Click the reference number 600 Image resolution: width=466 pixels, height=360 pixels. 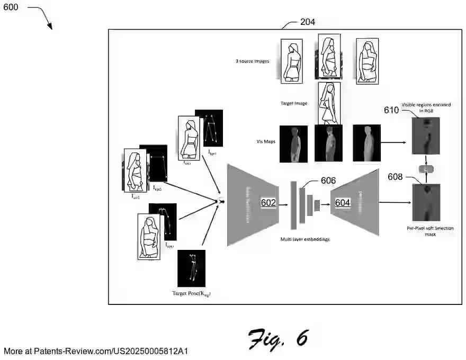(x=11, y=7)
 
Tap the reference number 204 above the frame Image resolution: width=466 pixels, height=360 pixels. (x=308, y=22)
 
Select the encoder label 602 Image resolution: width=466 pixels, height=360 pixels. (x=268, y=202)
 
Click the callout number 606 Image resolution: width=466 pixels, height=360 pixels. (x=328, y=181)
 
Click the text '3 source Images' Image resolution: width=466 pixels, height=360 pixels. (x=252, y=61)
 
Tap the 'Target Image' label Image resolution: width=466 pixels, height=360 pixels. (x=294, y=104)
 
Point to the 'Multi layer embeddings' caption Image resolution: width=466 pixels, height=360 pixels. (x=305, y=239)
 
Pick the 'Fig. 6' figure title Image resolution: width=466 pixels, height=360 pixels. (x=278, y=338)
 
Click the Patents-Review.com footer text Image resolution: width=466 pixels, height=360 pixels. (x=96, y=351)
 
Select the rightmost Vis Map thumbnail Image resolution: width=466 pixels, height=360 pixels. (x=366, y=143)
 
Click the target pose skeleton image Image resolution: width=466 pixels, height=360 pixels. (x=191, y=268)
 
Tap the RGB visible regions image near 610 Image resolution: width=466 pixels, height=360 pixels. (x=426, y=135)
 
